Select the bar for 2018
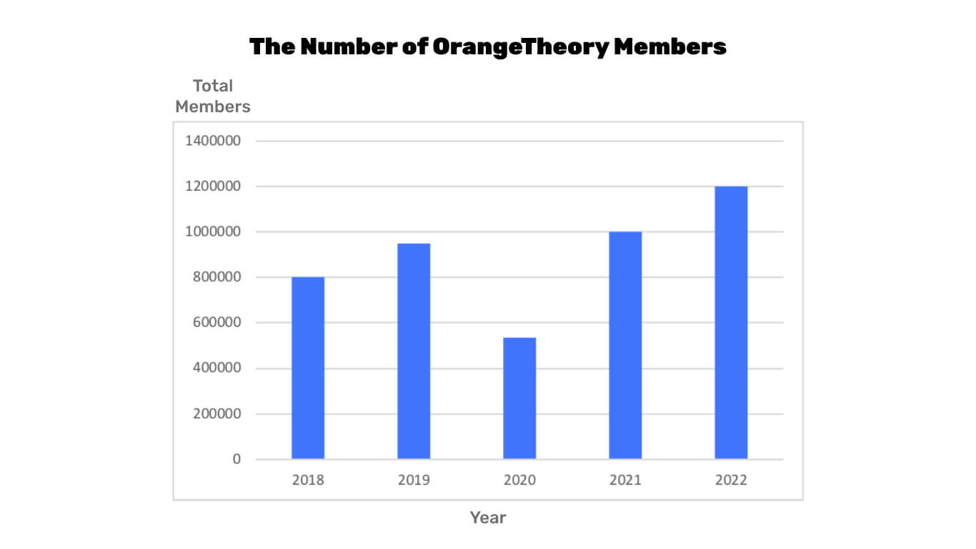308,367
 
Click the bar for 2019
414,351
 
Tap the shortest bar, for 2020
519,398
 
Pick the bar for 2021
625,345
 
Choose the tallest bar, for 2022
731,322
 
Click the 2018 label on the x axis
308,480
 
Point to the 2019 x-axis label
414,480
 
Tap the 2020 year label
519,480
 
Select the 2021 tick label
625,480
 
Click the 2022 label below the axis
731,480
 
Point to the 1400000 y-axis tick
213,141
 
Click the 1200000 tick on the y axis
213,187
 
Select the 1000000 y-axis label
213,232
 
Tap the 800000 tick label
216,277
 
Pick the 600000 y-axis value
216,322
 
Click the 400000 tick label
216,368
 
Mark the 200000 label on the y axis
216,414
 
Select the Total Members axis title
213,97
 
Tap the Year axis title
488,518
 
